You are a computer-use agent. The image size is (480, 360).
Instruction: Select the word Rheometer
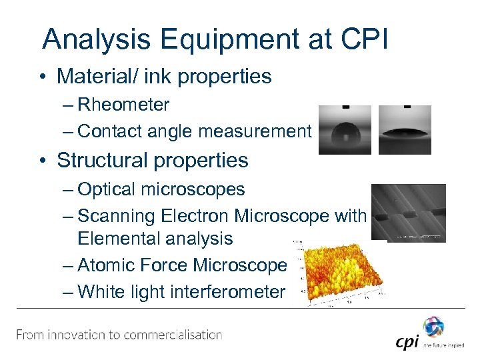click(x=123, y=105)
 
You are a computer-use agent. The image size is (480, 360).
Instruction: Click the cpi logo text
click(x=406, y=342)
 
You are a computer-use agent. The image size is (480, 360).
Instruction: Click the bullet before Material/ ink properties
click(x=45, y=77)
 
